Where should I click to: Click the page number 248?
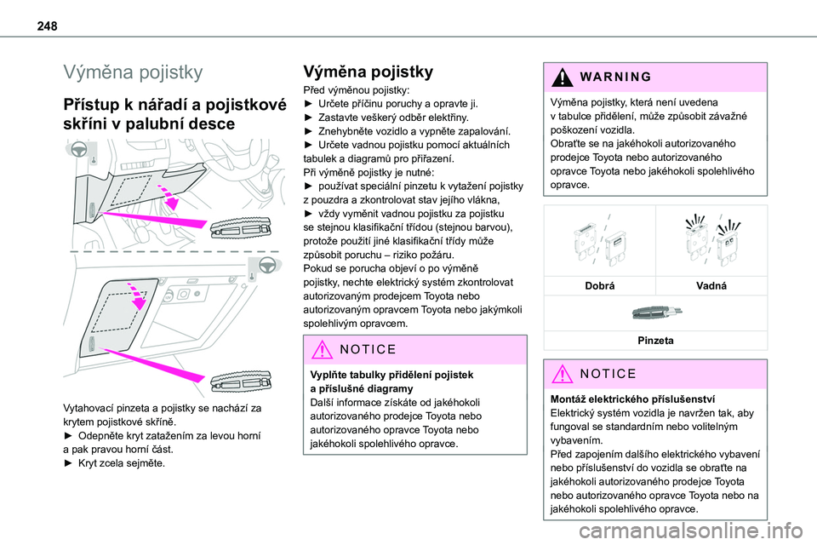[47, 26]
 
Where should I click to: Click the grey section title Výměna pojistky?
[133, 72]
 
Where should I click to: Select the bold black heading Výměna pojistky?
[368, 72]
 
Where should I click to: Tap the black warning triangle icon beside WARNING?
[563, 77]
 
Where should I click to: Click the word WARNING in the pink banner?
[615, 77]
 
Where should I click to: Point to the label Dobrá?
[600, 286]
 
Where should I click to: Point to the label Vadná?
[711, 286]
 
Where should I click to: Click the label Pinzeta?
[655, 341]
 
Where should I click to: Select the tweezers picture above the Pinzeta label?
[656, 313]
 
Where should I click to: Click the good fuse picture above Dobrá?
[599, 242]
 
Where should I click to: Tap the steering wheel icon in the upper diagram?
[78, 149]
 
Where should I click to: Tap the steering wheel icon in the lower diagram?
[267, 265]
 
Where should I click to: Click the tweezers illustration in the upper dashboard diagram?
[240, 228]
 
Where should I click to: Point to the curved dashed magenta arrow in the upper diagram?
[168, 194]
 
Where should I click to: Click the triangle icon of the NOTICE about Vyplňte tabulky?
[322, 349]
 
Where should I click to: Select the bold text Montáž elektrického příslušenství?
[632, 399]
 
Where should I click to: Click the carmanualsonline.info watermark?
[691, 531]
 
